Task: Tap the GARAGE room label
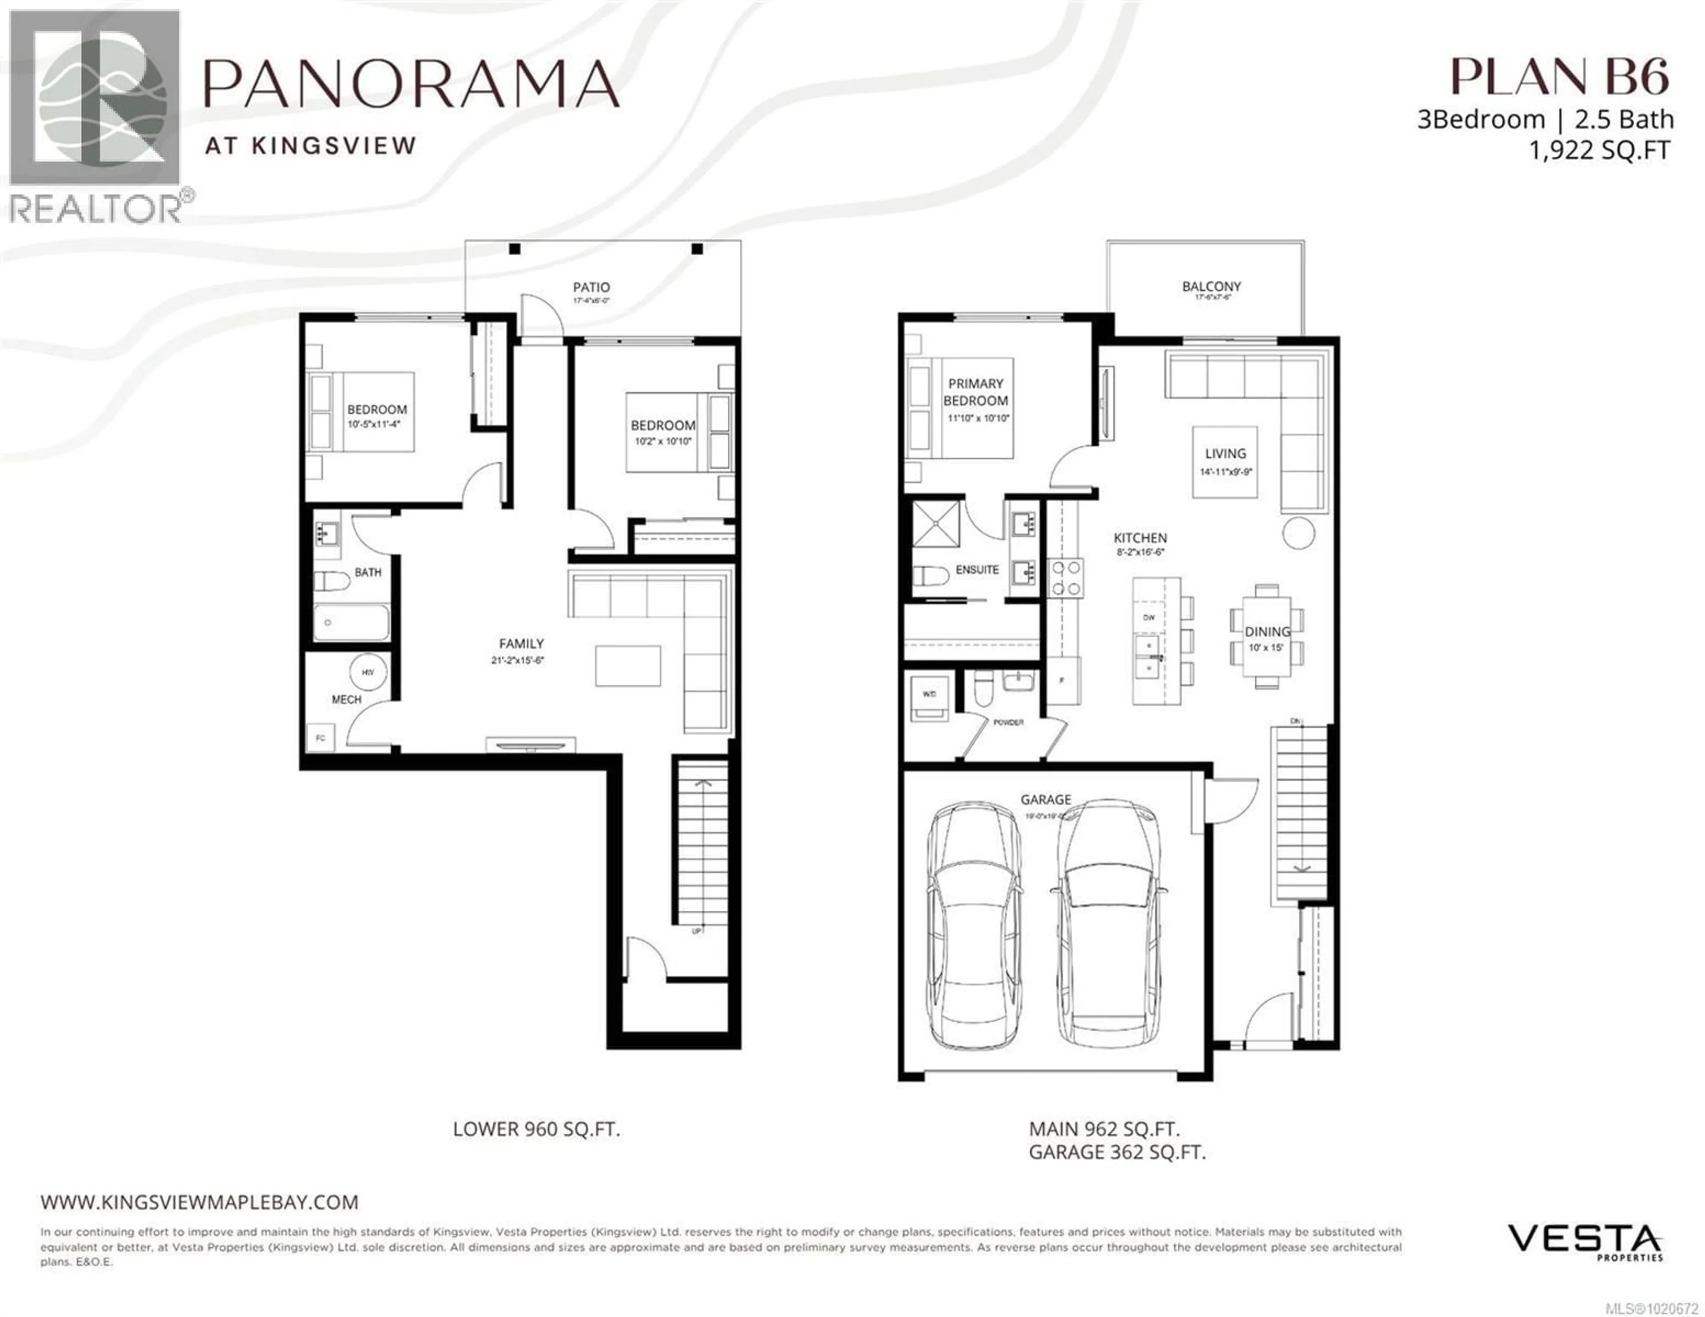(x=1045, y=799)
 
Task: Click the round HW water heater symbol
(x=368, y=672)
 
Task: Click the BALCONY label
(x=1211, y=286)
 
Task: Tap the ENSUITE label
(x=977, y=570)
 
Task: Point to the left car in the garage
(x=974, y=925)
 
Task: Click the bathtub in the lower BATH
(x=351, y=622)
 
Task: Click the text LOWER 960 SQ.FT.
(x=536, y=1129)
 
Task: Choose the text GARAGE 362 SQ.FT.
(x=1116, y=1152)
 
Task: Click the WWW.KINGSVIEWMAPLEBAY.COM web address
(x=200, y=1202)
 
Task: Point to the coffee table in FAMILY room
(x=628, y=666)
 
